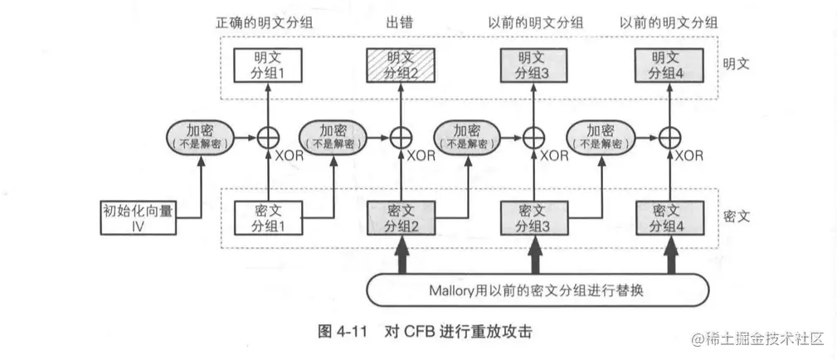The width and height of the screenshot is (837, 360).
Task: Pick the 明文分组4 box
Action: [666, 65]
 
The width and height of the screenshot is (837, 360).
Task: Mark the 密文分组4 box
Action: [666, 217]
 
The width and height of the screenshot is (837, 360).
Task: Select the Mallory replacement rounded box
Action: [538, 290]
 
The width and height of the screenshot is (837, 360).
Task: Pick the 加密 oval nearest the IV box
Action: [199, 135]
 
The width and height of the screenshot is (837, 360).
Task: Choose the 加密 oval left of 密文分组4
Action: [600, 135]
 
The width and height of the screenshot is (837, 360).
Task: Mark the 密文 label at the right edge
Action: [736, 214]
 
